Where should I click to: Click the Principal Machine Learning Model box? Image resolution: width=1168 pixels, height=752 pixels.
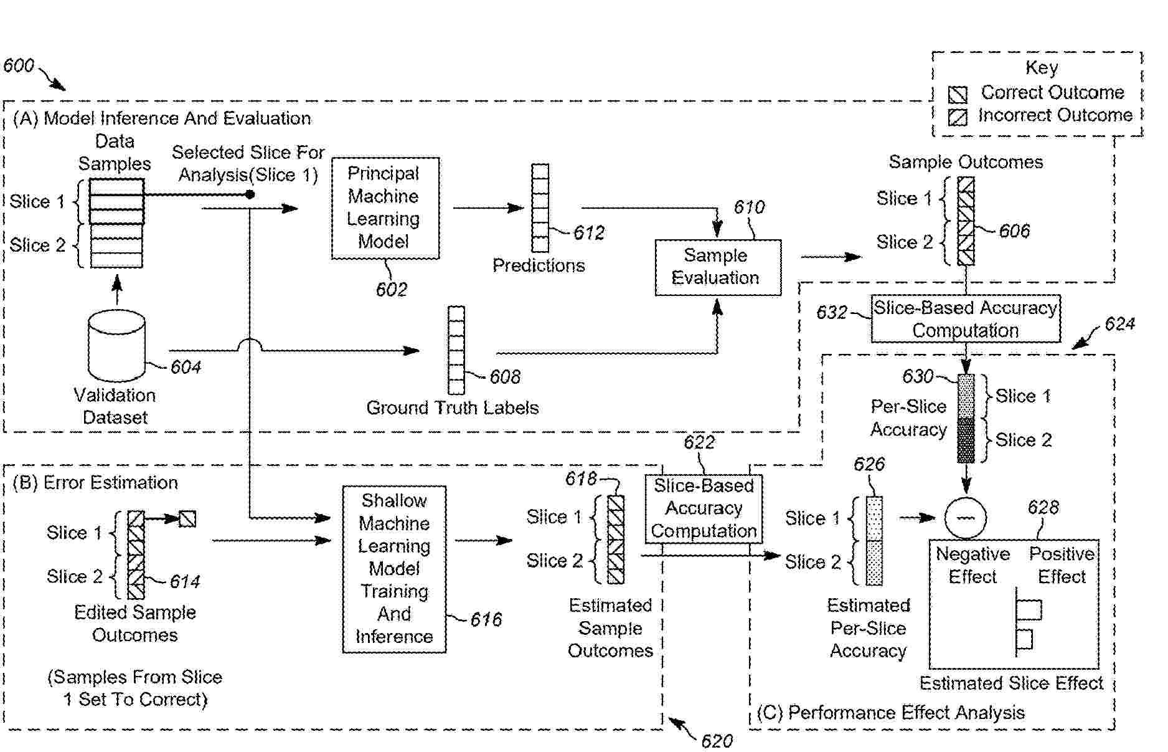point(385,207)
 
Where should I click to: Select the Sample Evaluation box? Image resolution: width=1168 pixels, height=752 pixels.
point(717,267)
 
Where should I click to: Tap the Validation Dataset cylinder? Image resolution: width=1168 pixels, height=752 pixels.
point(116,345)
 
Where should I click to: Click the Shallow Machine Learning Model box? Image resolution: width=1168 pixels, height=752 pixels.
point(393,568)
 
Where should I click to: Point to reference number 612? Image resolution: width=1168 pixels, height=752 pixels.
point(588,233)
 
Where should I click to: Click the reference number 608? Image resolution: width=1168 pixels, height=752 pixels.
point(504,376)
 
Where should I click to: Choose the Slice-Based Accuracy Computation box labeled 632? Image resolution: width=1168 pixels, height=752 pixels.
point(965,319)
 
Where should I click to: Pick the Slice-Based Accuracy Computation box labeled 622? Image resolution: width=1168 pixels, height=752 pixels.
point(704,508)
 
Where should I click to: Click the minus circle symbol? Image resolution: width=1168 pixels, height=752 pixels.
point(965,518)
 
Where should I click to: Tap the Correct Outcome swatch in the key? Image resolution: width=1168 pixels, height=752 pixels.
point(958,95)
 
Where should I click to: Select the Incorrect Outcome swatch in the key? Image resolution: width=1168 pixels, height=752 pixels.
point(958,117)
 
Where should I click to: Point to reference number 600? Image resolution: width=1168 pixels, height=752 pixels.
point(19,65)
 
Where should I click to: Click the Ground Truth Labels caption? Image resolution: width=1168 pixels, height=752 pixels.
point(452,408)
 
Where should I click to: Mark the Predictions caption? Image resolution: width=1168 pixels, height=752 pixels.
point(539,266)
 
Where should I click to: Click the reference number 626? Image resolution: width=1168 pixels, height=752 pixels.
point(869,464)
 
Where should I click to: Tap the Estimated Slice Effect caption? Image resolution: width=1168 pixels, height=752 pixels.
point(1011,683)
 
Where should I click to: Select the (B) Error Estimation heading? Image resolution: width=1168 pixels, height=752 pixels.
point(95,483)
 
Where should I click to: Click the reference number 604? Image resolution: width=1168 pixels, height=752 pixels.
point(186,367)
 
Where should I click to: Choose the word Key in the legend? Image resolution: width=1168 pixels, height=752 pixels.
point(1041,67)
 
